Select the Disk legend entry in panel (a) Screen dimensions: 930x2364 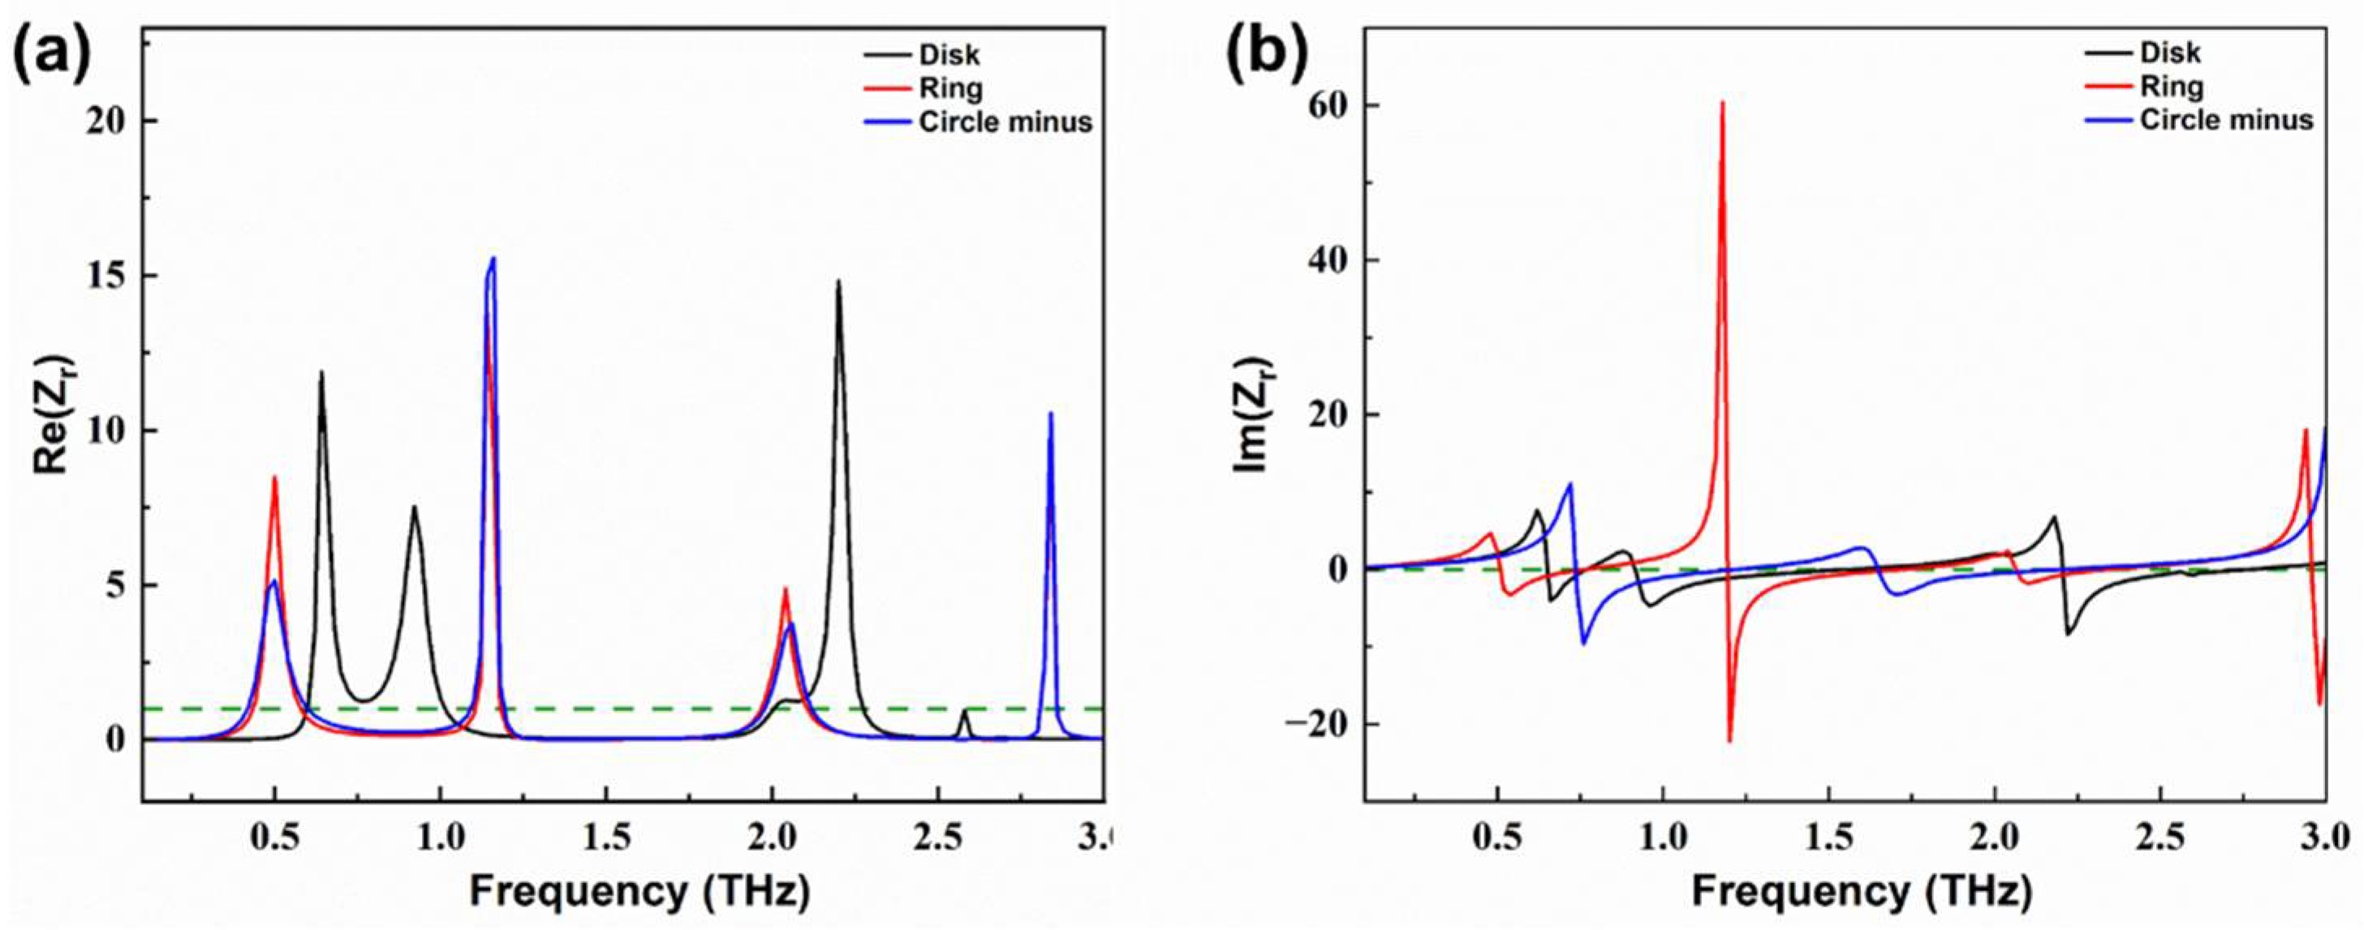(949, 55)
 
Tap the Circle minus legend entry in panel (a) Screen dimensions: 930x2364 (1005, 122)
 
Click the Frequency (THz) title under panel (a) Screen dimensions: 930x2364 (639, 890)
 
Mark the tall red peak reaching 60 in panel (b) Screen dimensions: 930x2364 (1723, 103)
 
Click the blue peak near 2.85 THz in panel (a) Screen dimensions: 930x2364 (1051, 414)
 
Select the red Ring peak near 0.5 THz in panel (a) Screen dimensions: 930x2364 (273, 478)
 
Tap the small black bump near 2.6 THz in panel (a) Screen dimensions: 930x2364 (963, 711)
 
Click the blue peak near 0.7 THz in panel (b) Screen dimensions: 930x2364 (1570, 484)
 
